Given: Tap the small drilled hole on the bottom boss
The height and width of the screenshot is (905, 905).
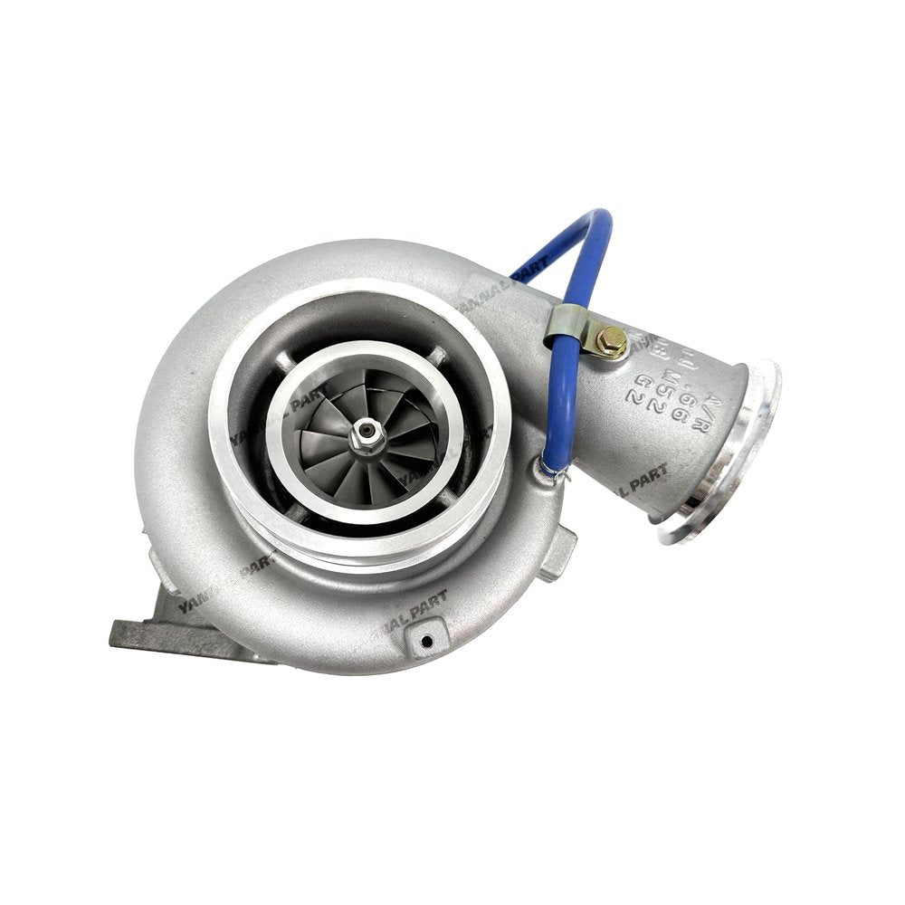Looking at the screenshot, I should pos(424,641).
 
